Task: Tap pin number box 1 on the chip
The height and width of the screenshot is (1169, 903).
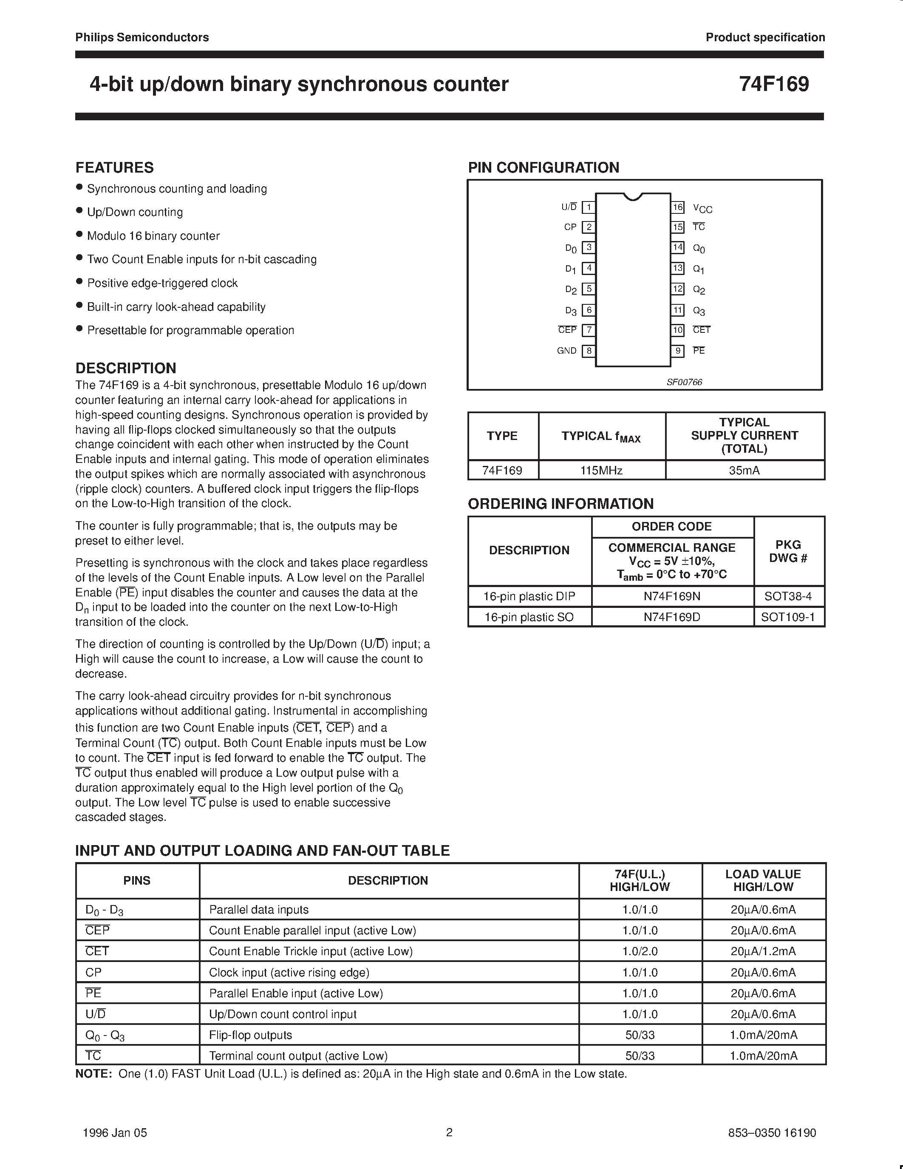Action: click(589, 207)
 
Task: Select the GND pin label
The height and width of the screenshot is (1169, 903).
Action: click(566, 351)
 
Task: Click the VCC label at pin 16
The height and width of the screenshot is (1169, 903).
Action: click(702, 208)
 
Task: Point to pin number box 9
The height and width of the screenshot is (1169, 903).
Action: click(678, 351)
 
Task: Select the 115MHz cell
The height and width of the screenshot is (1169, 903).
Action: click(601, 471)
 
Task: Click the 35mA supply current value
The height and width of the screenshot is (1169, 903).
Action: click(744, 471)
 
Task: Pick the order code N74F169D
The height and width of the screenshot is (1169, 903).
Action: click(672, 617)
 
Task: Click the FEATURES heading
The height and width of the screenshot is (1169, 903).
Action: click(114, 167)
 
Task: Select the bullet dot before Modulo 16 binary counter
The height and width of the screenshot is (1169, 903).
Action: click(79, 235)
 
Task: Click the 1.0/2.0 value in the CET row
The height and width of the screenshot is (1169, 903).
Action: click(640, 951)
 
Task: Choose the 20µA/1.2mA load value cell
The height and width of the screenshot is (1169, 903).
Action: click(763, 951)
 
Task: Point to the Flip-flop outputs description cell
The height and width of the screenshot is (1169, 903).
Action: click(250, 1035)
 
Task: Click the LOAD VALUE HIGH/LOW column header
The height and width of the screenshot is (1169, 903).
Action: click(763, 880)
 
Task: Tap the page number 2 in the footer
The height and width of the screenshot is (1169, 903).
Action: click(449, 1132)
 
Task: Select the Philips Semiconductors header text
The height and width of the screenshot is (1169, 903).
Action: click(142, 37)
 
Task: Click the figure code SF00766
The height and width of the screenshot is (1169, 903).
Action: click(684, 382)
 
